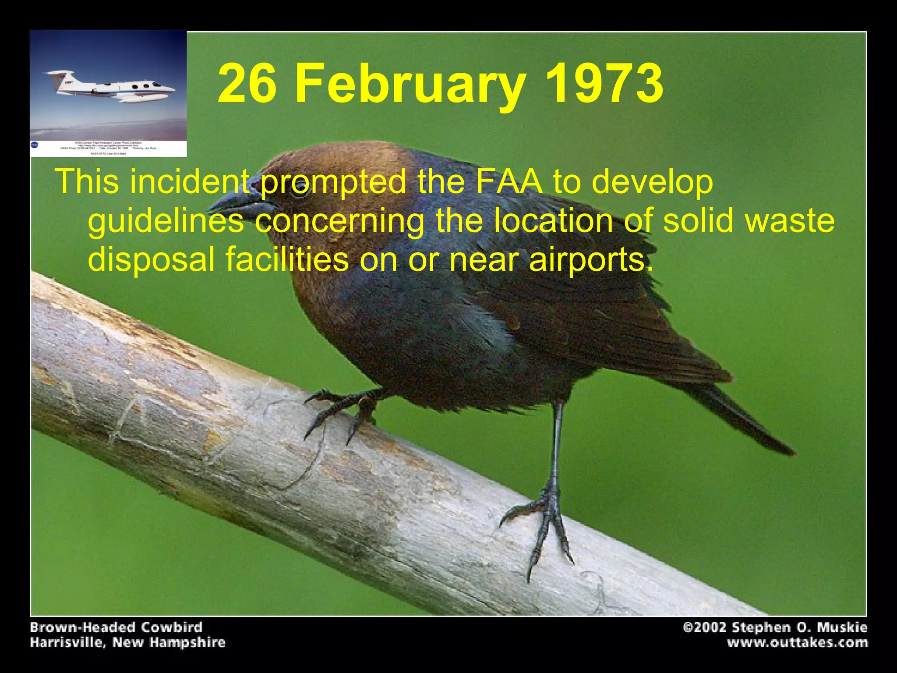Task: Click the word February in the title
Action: tap(410, 83)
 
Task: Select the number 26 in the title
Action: tap(247, 83)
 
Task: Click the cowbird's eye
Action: tap(300, 190)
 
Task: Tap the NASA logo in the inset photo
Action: tap(35, 145)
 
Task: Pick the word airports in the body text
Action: tap(587, 259)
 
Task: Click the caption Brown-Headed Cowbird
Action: tap(116, 627)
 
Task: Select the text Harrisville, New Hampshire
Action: tap(127, 643)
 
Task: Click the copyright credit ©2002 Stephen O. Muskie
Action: tap(775, 627)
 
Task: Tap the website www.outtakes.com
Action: tap(798, 643)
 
